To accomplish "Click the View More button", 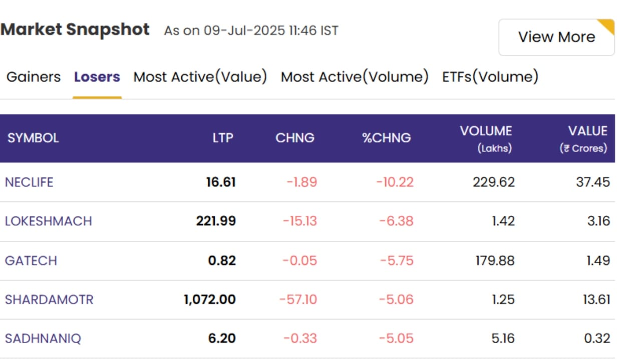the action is pyautogui.click(x=556, y=37).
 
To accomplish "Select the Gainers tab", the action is pyautogui.click(x=34, y=77).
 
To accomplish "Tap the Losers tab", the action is pyautogui.click(x=97, y=77).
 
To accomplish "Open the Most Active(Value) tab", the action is pyautogui.click(x=200, y=77).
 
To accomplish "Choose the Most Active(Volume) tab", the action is pyautogui.click(x=355, y=77).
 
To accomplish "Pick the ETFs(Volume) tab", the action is pyautogui.click(x=490, y=77).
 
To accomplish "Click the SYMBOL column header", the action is pyautogui.click(x=33, y=138).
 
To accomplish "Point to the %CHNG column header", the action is pyautogui.click(x=386, y=138).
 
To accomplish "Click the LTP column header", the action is pyautogui.click(x=223, y=138).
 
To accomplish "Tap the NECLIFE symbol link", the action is pyautogui.click(x=29, y=182).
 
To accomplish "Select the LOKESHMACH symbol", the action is pyautogui.click(x=49, y=221).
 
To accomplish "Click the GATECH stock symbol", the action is pyautogui.click(x=31, y=260).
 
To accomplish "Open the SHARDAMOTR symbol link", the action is pyautogui.click(x=49, y=299).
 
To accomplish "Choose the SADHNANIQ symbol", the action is pyautogui.click(x=43, y=338).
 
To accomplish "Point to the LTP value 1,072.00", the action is pyautogui.click(x=210, y=299).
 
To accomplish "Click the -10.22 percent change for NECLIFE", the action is pyautogui.click(x=395, y=182).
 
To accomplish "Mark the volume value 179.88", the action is pyautogui.click(x=495, y=260).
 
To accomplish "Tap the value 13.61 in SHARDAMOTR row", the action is pyautogui.click(x=596, y=299).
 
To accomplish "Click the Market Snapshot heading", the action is pyautogui.click(x=75, y=29).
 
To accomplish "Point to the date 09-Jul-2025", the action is pyautogui.click(x=244, y=30).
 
